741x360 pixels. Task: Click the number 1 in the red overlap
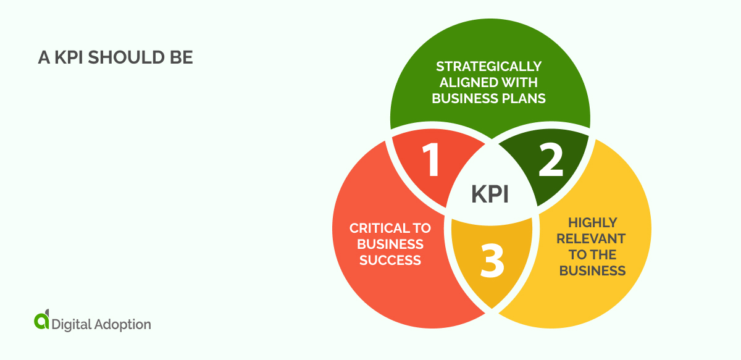point(431,161)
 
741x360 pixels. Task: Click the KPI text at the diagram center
point(490,194)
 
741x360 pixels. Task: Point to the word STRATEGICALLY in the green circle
point(488,66)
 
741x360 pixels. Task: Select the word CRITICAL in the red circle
point(374,228)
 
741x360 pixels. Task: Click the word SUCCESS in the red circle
point(390,260)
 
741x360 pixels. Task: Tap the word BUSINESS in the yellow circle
point(592,270)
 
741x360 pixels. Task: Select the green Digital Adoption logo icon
point(41,320)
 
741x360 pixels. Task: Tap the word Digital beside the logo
point(72,324)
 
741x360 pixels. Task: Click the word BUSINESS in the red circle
point(390,244)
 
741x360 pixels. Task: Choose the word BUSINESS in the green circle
point(459,98)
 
